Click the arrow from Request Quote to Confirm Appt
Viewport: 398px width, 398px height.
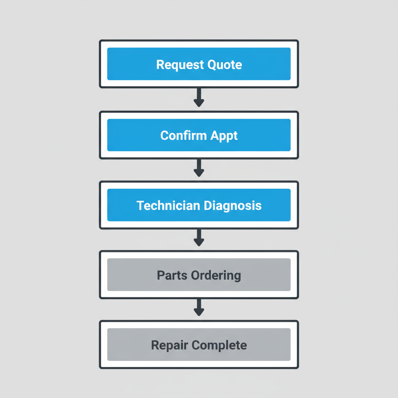tap(199, 97)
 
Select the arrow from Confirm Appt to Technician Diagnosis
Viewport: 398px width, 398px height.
tap(199, 168)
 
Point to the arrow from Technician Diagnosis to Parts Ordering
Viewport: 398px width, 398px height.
tap(199, 237)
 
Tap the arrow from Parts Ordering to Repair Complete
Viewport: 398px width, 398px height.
tap(199, 307)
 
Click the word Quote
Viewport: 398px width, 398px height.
tap(225, 65)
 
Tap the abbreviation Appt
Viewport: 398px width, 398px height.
tap(224, 136)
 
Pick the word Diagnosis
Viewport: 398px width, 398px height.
tap(233, 206)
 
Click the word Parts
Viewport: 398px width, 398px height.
tap(172, 275)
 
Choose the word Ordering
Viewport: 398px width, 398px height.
tap(216, 276)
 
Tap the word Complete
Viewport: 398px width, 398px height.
tap(220, 345)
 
